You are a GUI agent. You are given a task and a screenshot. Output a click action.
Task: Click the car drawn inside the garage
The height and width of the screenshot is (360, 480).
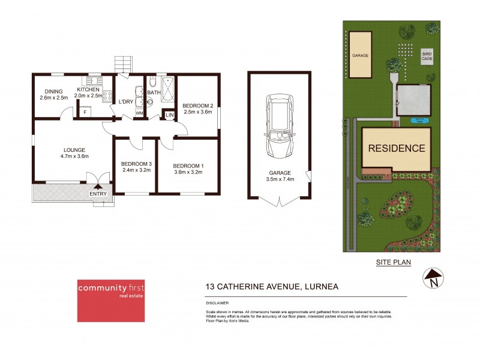(279, 125)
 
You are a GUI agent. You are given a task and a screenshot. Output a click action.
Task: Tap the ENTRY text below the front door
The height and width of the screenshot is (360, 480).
(98, 193)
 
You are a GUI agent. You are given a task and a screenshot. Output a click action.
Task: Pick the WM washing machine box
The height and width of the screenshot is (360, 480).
(139, 113)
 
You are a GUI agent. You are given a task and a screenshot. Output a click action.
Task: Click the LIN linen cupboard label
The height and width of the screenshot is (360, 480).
(169, 114)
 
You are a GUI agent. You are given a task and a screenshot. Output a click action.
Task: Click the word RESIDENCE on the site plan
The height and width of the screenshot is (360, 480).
(396, 148)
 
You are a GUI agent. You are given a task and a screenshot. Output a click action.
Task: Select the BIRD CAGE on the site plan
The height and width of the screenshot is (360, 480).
(427, 55)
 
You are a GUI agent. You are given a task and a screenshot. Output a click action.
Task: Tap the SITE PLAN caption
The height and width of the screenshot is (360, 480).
(394, 262)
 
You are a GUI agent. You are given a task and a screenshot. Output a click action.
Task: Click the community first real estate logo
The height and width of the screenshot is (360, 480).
(110, 300)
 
